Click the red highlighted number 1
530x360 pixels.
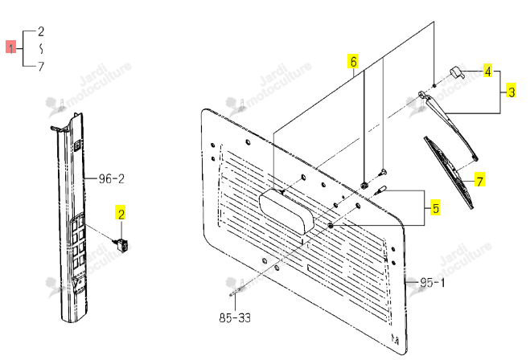pos(10,47)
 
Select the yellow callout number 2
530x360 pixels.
pos(121,213)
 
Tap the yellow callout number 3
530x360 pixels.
pos(511,91)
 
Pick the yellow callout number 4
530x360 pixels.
pos(487,71)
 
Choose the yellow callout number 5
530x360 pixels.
pos(435,207)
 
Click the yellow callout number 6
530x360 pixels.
pos(353,61)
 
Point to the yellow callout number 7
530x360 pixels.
pos(480,179)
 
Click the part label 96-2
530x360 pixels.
pos(112,178)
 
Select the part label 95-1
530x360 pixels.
pos(433,282)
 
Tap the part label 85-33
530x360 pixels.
pos(236,317)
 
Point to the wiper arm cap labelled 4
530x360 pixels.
pos(456,72)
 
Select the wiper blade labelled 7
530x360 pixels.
pos(449,171)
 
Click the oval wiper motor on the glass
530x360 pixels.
pos(286,211)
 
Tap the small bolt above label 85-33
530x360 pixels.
pos(237,292)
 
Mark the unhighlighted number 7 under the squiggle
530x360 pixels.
pos(41,66)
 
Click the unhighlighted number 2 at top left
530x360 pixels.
pos(41,32)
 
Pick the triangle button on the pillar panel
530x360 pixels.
pos(79,281)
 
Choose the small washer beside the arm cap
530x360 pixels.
pos(434,85)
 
